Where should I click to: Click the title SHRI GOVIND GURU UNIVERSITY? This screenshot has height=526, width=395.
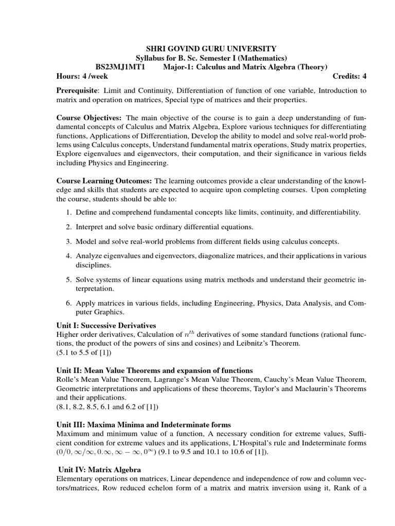[x=197, y=48]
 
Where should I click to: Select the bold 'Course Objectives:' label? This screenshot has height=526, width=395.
[x=90, y=119]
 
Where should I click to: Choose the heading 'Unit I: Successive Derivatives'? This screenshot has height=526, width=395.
[x=106, y=326]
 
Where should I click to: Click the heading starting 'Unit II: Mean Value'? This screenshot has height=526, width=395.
[x=154, y=370]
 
